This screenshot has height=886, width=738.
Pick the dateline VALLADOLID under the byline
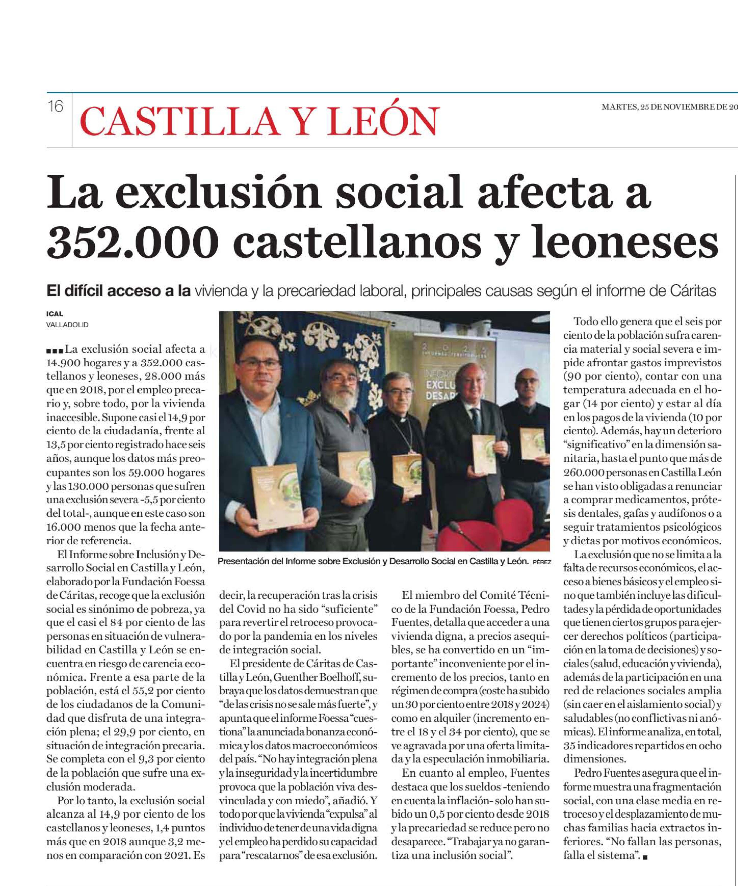point(67,325)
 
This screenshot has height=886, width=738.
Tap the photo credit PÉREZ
point(542,562)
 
